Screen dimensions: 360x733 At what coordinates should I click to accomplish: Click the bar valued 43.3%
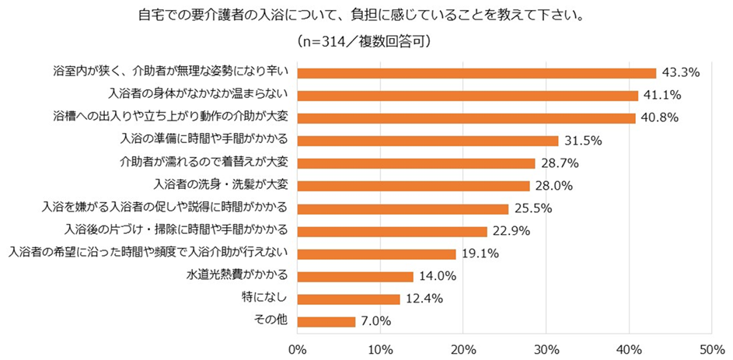[x=476, y=73]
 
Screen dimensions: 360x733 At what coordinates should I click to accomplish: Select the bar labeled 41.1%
[x=467, y=96]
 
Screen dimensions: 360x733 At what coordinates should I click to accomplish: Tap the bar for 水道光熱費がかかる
[x=355, y=276]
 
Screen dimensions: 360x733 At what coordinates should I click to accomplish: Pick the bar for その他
[x=326, y=321]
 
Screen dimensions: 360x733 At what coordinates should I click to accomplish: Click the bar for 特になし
[x=348, y=299]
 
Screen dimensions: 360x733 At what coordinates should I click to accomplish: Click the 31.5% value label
[x=583, y=141]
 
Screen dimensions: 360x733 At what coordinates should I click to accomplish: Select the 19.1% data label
[x=480, y=253]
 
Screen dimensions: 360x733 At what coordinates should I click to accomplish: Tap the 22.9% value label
[x=511, y=231]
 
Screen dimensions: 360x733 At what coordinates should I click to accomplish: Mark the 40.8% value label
[x=660, y=118]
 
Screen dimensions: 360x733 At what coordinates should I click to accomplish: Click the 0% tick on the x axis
[x=298, y=348]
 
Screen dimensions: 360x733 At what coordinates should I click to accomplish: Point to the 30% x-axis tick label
[x=546, y=348]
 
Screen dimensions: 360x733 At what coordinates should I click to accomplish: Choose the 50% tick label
[x=712, y=348]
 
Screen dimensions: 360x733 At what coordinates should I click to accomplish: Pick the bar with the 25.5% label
[x=403, y=208]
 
